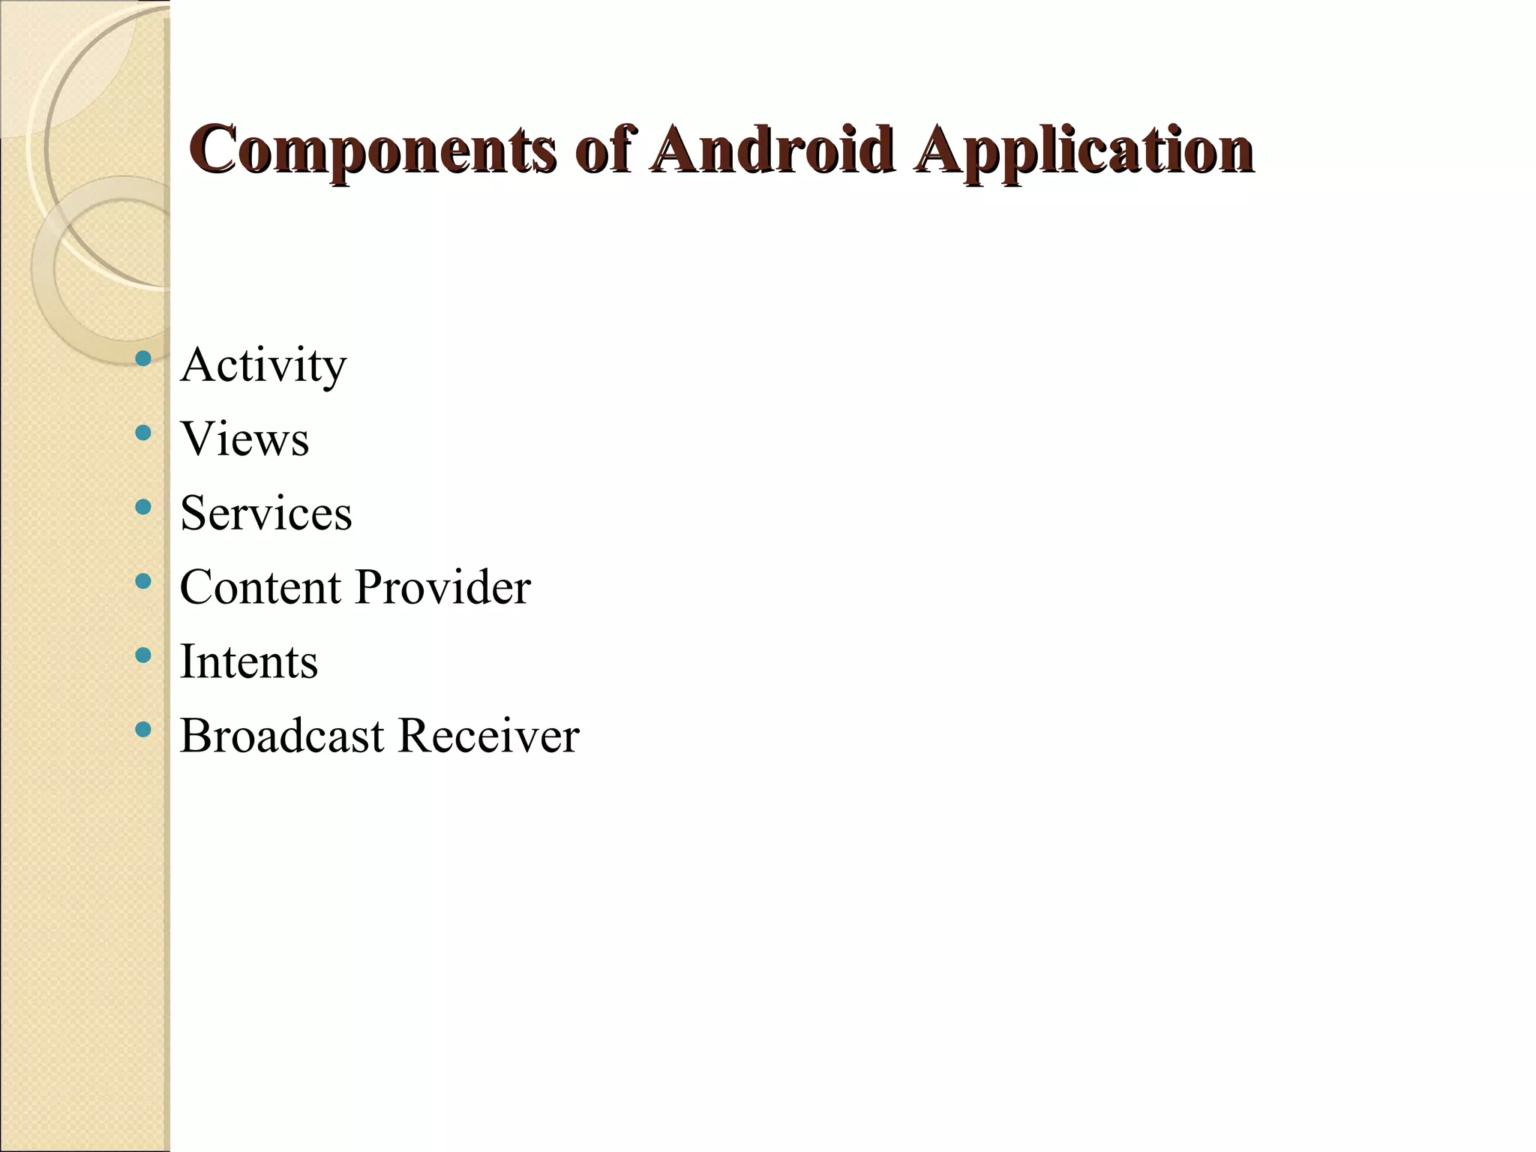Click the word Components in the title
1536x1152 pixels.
pyautogui.click(x=372, y=150)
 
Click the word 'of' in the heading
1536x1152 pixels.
pyautogui.click(x=603, y=148)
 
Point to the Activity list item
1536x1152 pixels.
pyautogui.click(x=263, y=365)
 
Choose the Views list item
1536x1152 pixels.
pyautogui.click(x=244, y=439)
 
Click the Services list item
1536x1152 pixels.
pyautogui.click(x=265, y=513)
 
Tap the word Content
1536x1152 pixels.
pyautogui.click(x=260, y=586)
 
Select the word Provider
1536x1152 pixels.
pyautogui.click(x=442, y=586)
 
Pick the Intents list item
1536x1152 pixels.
pyautogui.click(x=249, y=661)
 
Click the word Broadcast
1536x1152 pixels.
pyautogui.click(x=282, y=735)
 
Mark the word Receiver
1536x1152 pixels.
pyautogui.click(x=489, y=735)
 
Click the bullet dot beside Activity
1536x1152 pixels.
pyautogui.click(x=142, y=358)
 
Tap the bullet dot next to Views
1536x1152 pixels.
pyautogui.click(x=142, y=433)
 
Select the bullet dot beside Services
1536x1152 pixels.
pyautogui.click(x=142, y=507)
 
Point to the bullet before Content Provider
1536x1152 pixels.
pyautogui.click(x=142, y=581)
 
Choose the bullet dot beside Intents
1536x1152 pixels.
pyautogui.click(x=142, y=655)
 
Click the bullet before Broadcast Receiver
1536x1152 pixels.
pyautogui.click(x=142, y=729)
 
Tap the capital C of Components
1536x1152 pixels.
pyautogui.click(x=211, y=148)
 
